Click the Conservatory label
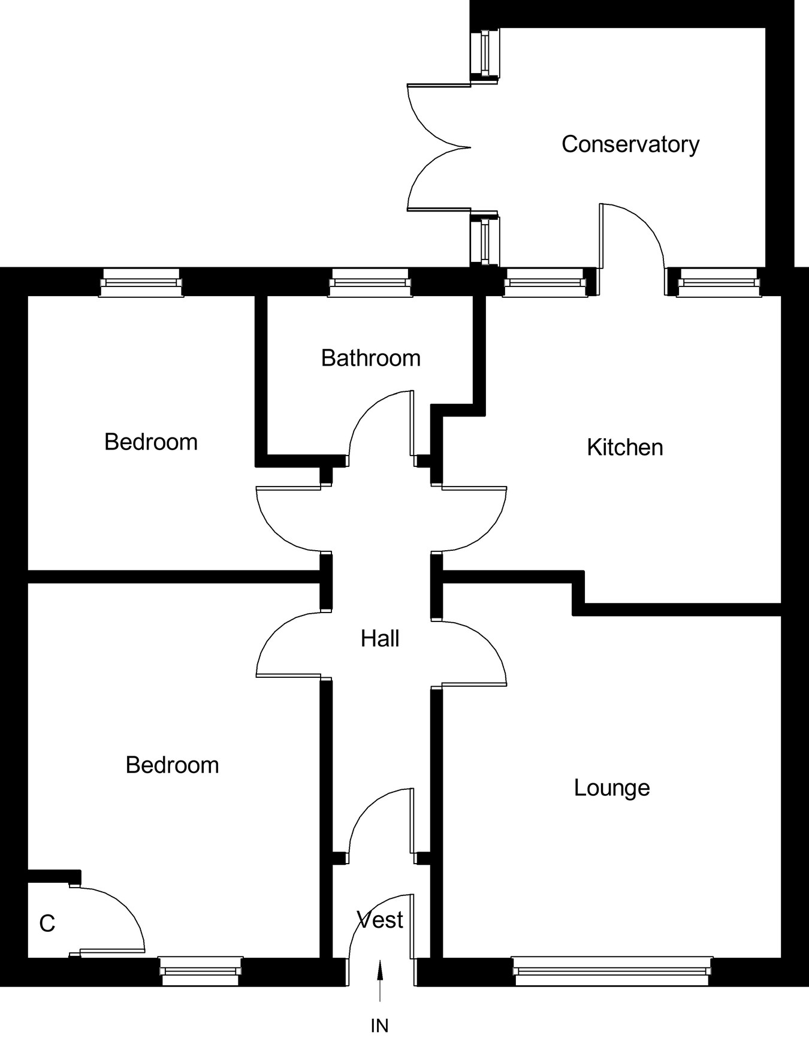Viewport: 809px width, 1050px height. click(630, 144)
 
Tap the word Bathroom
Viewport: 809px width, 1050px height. click(370, 358)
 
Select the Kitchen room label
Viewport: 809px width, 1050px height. click(624, 448)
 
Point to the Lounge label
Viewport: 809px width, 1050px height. click(611, 787)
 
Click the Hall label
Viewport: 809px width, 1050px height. click(380, 639)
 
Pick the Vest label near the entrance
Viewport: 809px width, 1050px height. click(380, 920)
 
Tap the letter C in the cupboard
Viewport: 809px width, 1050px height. click(47, 924)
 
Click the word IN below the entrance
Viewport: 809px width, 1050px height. click(379, 1026)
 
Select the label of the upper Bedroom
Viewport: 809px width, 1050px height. click(151, 442)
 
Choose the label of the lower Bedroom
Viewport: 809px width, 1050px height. click(172, 765)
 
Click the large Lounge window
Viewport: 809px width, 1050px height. click(612, 971)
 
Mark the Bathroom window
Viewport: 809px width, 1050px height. click(370, 282)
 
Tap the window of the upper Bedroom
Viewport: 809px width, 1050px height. click(141, 282)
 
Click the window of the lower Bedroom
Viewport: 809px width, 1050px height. click(201, 971)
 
